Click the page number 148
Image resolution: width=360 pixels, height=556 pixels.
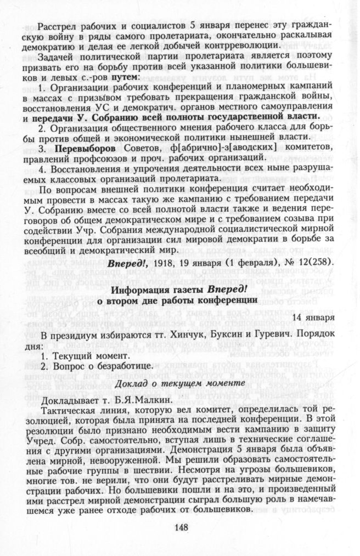click(181, 527)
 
